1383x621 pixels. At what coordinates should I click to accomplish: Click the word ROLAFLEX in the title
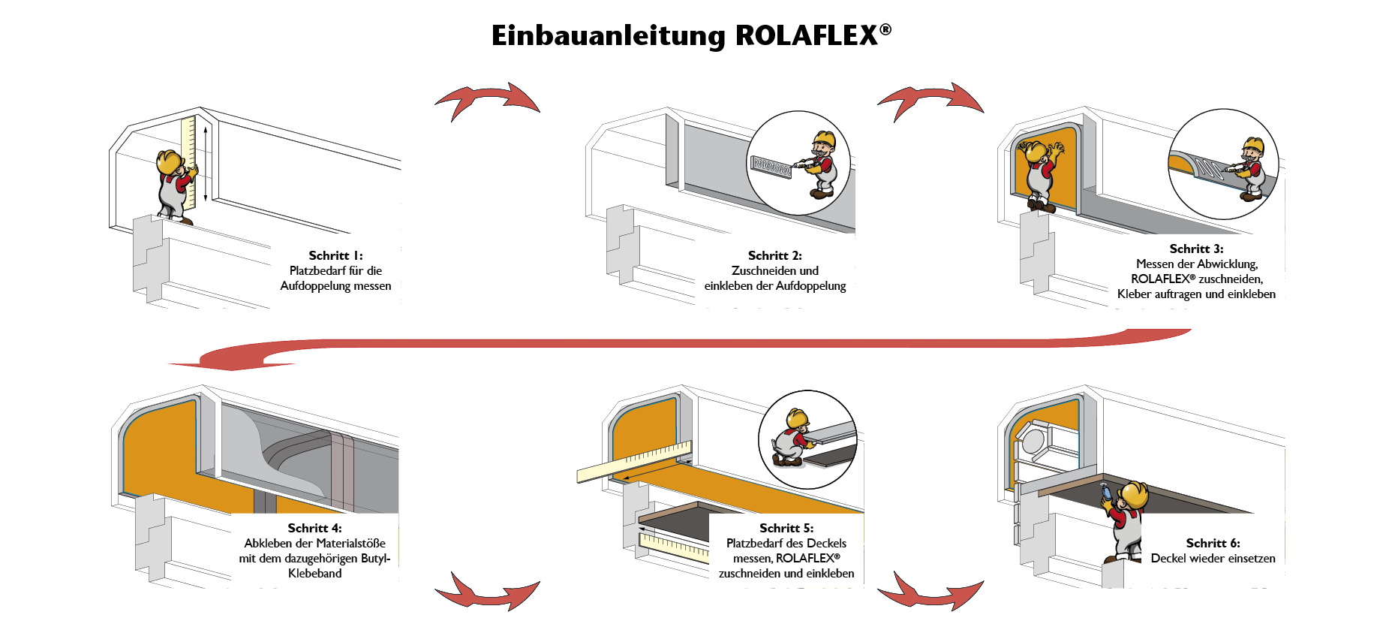pyautogui.click(x=807, y=36)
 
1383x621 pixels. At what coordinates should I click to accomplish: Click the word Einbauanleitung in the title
pyautogui.click(x=609, y=36)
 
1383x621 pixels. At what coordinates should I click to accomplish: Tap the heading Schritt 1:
pyautogui.click(x=335, y=256)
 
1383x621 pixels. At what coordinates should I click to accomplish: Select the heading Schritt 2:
pyautogui.click(x=774, y=256)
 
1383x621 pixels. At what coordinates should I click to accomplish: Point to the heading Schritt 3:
pyautogui.click(x=1196, y=249)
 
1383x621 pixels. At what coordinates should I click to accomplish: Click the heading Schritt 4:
pyautogui.click(x=314, y=529)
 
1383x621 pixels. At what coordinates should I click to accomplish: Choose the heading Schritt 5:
pyautogui.click(x=786, y=529)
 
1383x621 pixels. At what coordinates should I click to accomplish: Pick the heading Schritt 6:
pyautogui.click(x=1213, y=544)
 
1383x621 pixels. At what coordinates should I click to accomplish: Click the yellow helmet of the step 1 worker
pyautogui.click(x=170, y=160)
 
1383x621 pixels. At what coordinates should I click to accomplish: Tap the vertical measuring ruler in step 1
pyautogui.click(x=188, y=161)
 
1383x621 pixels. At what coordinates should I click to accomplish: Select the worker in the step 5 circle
pyautogui.click(x=792, y=439)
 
